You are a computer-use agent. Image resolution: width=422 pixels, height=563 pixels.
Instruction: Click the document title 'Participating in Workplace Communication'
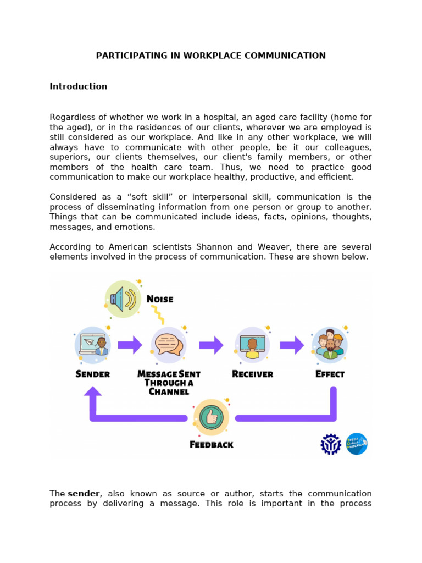[x=211, y=56]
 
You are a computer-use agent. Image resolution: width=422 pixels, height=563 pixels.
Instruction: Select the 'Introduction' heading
[x=78, y=86]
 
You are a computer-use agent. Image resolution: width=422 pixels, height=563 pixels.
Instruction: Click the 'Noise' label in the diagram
[x=160, y=299]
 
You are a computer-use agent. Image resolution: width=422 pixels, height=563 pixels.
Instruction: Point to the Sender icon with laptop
[x=92, y=345]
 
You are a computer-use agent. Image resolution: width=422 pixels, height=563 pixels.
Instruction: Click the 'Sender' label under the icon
[x=92, y=374]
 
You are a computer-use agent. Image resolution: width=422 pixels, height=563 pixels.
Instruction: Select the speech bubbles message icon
[x=169, y=345]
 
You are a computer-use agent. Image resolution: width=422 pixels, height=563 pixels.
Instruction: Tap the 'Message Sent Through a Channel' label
[x=169, y=383]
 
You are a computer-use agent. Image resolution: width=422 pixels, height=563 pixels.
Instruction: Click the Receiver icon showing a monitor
[x=252, y=345]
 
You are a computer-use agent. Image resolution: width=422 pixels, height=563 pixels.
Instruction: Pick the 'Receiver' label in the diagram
[x=252, y=374]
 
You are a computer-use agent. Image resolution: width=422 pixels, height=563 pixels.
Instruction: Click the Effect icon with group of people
[x=330, y=345]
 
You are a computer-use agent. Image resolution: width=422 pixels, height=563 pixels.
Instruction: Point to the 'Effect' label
[x=330, y=374]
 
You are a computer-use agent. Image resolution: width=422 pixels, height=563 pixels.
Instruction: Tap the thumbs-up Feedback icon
[x=211, y=417]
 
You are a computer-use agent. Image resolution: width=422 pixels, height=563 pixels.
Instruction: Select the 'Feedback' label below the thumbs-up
[x=211, y=444]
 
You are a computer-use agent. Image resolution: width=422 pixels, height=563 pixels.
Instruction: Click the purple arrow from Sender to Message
[x=130, y=345]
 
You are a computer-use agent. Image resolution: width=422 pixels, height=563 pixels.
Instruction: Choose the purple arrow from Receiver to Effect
[x=291, y=345]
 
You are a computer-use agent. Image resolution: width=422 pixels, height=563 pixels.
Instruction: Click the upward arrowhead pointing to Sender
[x=92, y=392]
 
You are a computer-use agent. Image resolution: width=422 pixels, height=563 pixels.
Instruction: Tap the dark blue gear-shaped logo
[x=331, y=444]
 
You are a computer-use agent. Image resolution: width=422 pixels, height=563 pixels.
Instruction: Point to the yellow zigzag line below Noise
[x=158, y=315]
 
